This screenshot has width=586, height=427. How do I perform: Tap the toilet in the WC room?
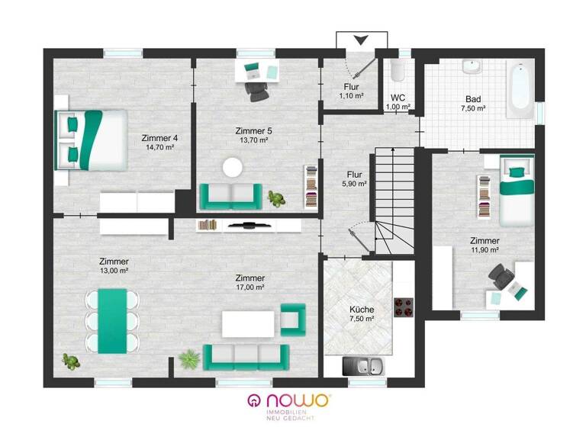(x=397, y=72)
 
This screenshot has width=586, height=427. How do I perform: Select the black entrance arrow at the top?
(x=362, y=40)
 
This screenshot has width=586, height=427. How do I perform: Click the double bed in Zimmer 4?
(x=90, y=140)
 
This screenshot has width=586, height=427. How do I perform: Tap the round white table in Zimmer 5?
(x=232, y=167)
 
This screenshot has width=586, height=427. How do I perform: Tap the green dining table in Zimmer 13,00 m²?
(x=112, y=320)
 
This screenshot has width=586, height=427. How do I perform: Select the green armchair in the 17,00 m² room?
(x=292, y=319)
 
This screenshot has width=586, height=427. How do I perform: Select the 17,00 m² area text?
(x=250, y=287)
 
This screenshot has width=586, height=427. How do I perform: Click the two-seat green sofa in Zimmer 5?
(x=230, y=196)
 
